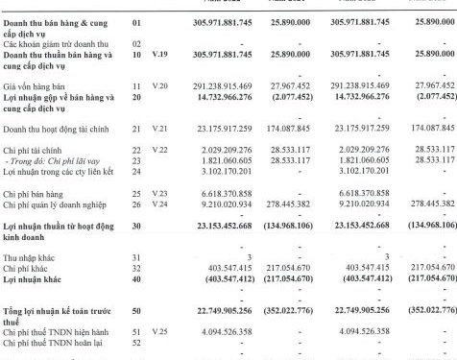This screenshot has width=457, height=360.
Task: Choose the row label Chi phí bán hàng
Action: [33, 194]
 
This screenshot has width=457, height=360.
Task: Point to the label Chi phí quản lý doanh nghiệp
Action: [54, 205]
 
